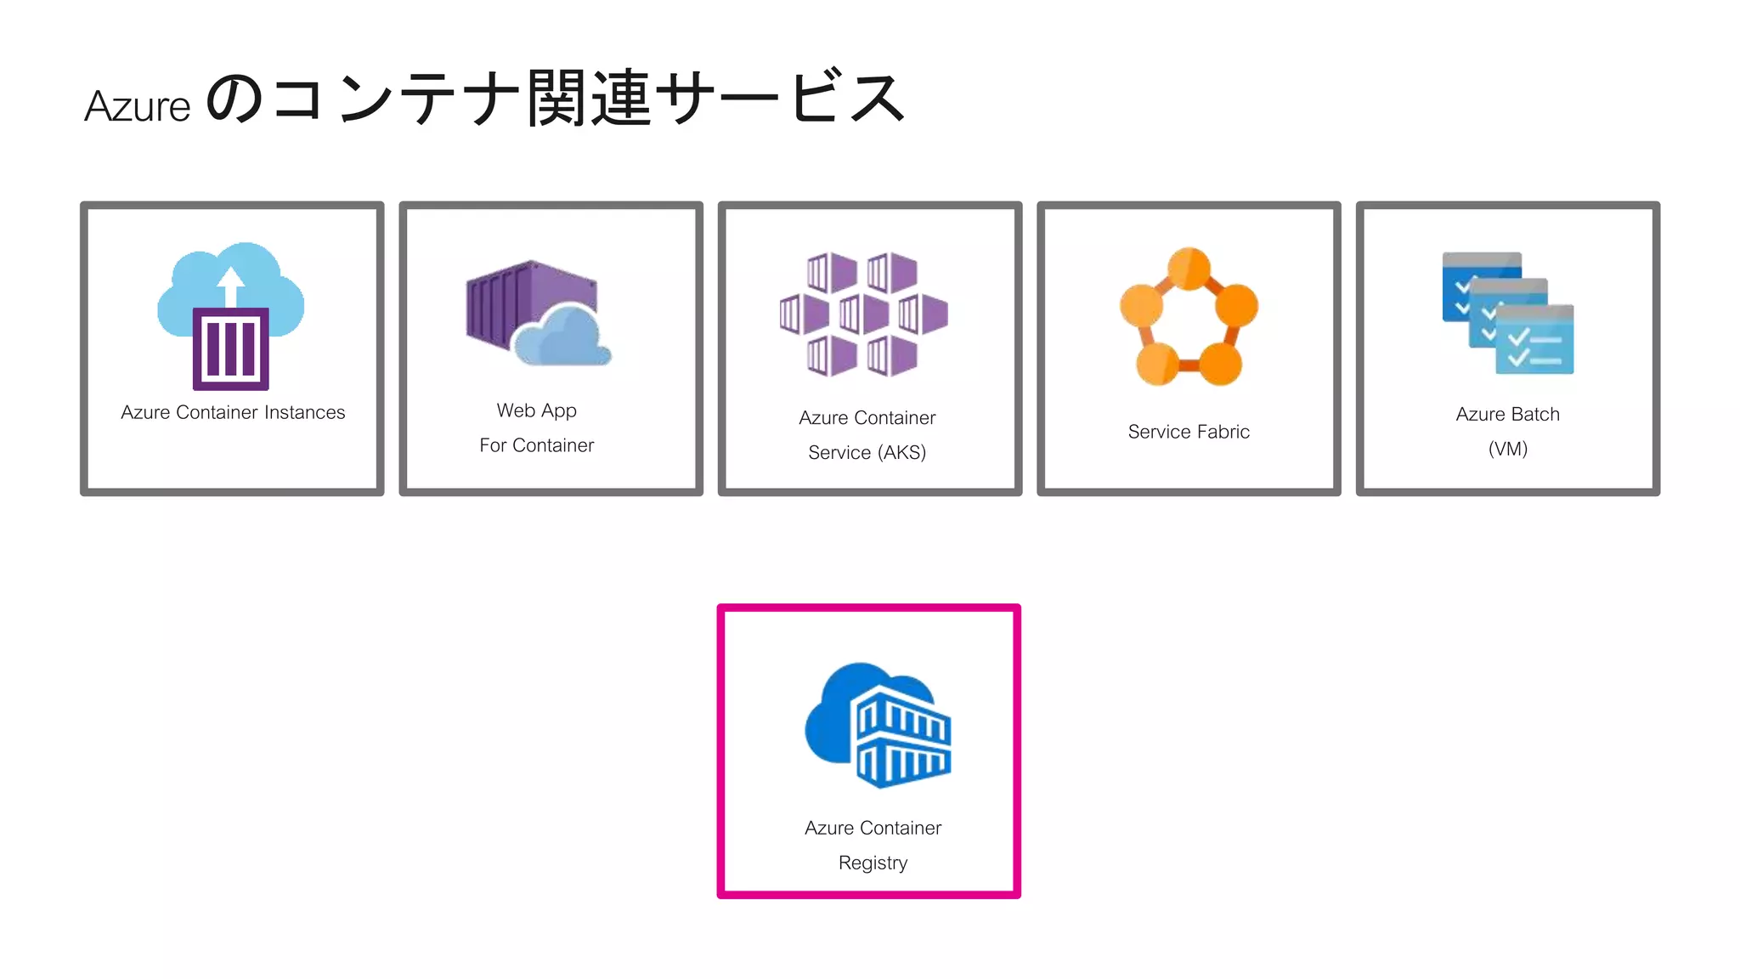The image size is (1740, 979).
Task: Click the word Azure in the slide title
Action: click(138, 107)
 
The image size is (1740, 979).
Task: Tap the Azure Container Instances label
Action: click(233, 412)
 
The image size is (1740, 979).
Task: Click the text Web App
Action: click(536, 410)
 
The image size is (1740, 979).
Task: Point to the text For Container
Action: click(536, 445)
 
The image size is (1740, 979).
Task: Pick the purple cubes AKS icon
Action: click(863, 314)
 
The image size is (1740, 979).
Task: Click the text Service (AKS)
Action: click(867, 452)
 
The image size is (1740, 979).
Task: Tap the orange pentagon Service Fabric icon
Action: click(1189, 316)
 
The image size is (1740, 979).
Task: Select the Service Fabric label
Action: click(1189, 432)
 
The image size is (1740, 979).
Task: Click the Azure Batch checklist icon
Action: click(1508, 314)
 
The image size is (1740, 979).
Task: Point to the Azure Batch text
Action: click(1507, 414)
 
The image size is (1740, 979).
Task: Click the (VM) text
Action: click(1507, 449)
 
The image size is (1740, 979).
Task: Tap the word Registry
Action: click(873, 863)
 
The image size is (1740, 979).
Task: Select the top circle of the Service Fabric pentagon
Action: click(1189, 269)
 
